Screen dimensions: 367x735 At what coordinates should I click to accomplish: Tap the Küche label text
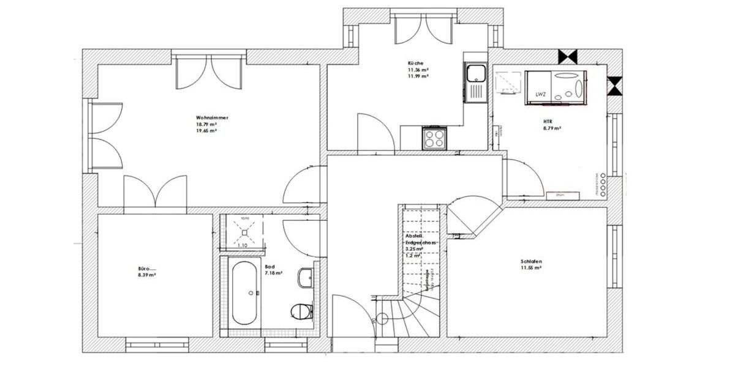coord(415,63)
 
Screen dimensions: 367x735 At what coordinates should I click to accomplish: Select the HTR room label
coord(547,121)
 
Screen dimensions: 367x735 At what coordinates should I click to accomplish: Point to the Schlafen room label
coord(531,261)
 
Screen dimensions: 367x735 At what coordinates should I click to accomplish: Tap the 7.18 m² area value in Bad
coord(273,273)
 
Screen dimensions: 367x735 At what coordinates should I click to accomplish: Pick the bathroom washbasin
coord(304,278)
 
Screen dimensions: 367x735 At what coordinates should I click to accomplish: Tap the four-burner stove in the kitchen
coord(435,138)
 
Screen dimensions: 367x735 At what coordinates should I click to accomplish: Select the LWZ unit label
coord(540,94)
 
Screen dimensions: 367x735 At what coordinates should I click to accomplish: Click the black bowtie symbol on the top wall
coord(568,56)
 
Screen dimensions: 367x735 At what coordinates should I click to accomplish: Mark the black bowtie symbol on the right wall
coord(614,86)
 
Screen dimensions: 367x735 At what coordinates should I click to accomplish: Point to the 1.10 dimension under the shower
coord(242,245)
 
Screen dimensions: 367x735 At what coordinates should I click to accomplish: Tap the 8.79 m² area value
coord(552,128)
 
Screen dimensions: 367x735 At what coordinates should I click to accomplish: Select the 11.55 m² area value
coord(531,268)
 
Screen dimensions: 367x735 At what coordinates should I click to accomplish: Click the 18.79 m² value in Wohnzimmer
coord(206,124)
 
